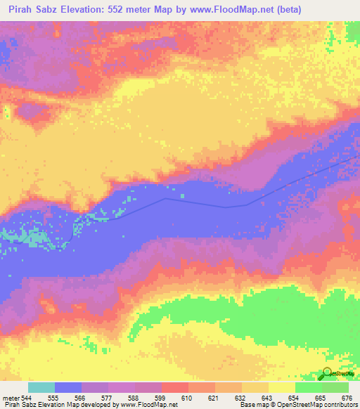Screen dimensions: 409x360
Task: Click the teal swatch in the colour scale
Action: pyautogui.click(x=41, y=387)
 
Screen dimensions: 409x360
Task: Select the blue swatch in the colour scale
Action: pyautogui.click(x=68, y=387)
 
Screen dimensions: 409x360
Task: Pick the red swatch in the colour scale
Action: pyautogui.click(x=175, y=387)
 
